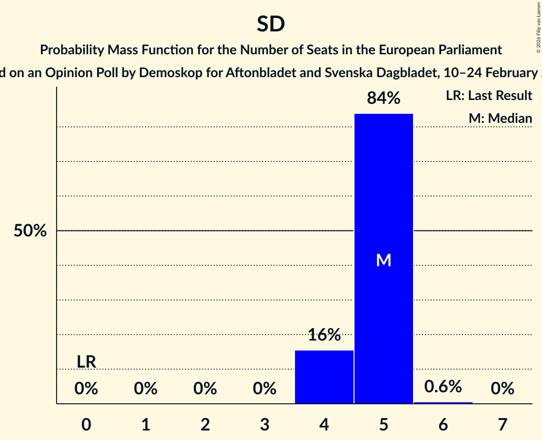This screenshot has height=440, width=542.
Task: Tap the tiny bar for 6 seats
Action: point(443,403)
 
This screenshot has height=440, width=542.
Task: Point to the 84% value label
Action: point(384,98)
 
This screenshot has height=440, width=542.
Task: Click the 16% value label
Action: point(324,335)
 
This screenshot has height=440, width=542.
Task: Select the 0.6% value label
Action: point(443,386)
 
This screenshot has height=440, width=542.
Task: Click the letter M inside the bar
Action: point(384,260)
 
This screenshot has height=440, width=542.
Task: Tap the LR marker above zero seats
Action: point(86,362)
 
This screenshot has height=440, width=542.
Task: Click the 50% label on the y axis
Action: point(30,231)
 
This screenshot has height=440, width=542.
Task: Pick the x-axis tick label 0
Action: point(86,424)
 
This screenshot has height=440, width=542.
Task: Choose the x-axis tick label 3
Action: point(265,424)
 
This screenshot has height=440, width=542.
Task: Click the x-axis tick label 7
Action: point(503,424)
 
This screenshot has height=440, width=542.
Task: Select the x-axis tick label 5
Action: point(384,424)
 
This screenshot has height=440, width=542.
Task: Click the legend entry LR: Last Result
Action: point(489,96)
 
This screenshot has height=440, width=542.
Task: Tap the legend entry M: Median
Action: point(500,118)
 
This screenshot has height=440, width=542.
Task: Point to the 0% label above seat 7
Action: point(503,389)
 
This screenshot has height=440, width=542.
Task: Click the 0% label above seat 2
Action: point(205,389)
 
